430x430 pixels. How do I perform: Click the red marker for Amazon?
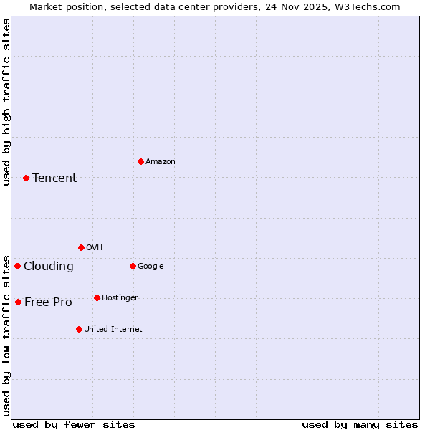[x=140, y=161]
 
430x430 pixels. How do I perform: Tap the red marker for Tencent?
[x=26, y=178]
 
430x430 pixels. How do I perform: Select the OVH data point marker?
[x=81, y=247]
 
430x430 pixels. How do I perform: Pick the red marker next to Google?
[x=133, y=266]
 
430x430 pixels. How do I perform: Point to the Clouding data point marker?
[x=17, y=266]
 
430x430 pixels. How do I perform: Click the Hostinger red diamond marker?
[x=97, y=297]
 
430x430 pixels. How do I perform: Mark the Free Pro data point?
[x=18, y=302]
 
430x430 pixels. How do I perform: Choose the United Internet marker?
[x=79, y=329]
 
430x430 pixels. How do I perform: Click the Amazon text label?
[x=161, y=161]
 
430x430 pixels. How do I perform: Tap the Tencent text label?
[x=54, y=178]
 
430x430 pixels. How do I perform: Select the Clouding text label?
[x=49, y=266]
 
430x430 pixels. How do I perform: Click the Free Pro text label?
[x=48, y=302]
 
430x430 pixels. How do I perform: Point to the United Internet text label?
[x=113, y=329]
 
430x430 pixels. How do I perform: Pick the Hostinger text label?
[x=120, y=297]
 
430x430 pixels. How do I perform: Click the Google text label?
[x=150, y=266]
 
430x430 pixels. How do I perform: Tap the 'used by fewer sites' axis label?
[x=74, y=424]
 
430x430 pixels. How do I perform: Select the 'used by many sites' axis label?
[x=360, y=424]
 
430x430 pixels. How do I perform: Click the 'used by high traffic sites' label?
[x=6, y=102]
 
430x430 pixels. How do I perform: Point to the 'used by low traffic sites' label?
[x=6, y=335]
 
